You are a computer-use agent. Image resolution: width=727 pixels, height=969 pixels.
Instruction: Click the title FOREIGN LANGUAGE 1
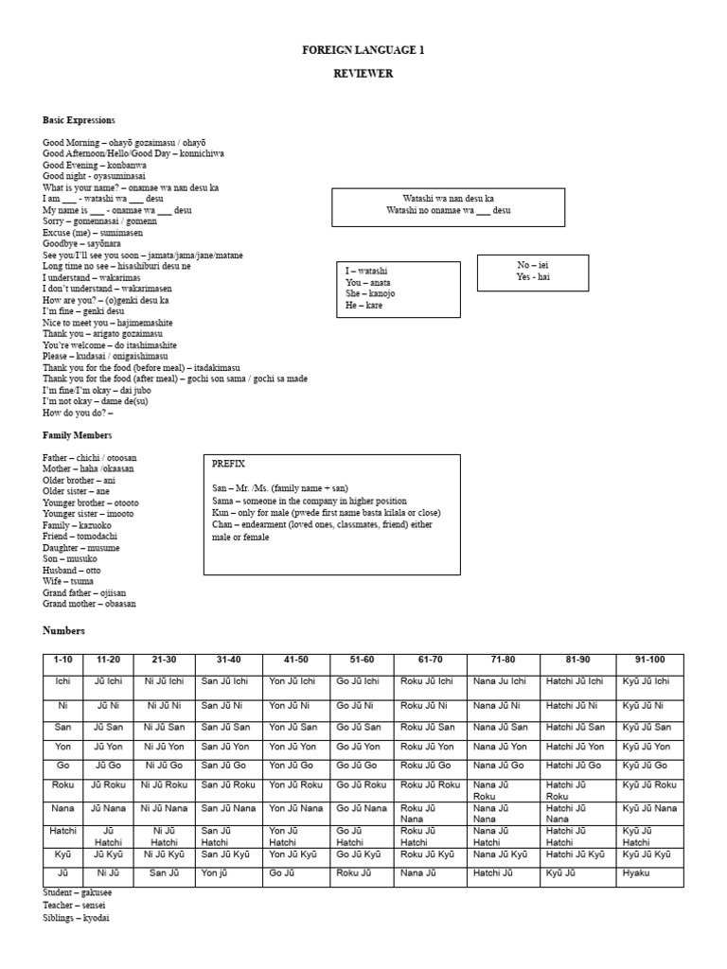(x=363, y=50)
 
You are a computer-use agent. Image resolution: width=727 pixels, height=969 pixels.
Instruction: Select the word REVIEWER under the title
(x=363, y=73)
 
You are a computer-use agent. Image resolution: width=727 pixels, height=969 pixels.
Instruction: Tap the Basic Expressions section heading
(x=79, y=120)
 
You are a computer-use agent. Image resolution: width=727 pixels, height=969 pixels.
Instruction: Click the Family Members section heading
(x=77, y=435)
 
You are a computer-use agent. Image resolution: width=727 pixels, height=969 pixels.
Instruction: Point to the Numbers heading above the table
(x=63, y=630)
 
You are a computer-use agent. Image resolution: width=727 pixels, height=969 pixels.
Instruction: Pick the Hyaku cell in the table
(x=637, y=872)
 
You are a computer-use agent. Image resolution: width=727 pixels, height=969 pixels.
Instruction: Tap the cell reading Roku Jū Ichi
(x=427, y=681)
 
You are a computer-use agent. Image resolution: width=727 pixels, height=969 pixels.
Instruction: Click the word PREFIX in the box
(x=229, y=464)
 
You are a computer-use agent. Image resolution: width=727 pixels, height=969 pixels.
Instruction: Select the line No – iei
(x=533, y=266)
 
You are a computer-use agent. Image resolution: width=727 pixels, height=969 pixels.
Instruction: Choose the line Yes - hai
(x=533, y=277)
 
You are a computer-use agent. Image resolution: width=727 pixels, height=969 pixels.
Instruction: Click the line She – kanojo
(x=371, y=294)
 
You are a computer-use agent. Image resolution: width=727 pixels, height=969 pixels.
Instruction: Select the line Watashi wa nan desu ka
(x=448, y=199)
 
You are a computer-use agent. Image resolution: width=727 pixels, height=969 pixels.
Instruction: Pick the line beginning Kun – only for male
(x=327, y=513)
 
